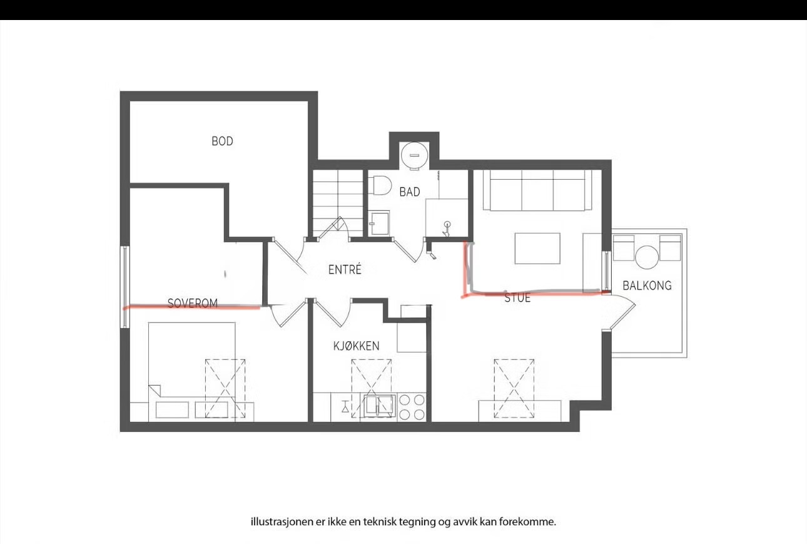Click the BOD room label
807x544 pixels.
coord(222,141)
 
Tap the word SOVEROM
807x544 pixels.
coord(193,303)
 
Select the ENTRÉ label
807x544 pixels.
coord(345,269)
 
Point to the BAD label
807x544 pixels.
coord(410,192)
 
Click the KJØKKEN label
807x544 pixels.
coord(357,346)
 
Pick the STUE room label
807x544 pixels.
coord(517,298)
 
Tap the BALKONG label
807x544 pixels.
coord(647,285)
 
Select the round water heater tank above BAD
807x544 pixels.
coord(415,156)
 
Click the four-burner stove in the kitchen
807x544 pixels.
coord(412,408)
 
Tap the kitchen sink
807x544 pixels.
coord(379,406)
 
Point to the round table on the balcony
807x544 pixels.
coord(647,257)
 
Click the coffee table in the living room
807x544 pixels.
coord(537,249)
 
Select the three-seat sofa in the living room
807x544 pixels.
coord(537,190)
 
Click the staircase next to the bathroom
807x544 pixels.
coord(338,203)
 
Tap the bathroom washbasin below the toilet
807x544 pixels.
coord(379,223)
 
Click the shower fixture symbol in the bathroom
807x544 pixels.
coord(447,228)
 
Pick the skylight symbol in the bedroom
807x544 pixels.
coord(225,389)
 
